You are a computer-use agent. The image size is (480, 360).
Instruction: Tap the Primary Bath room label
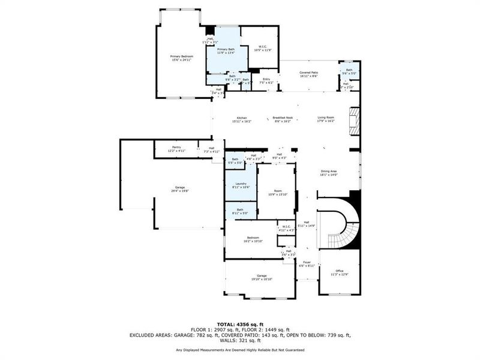(x=226, y=50)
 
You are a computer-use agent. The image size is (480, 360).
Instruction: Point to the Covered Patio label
(x=308, y=74)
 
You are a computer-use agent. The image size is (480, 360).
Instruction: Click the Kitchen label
(x=242, y=119)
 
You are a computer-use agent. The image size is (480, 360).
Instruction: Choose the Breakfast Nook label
(x=282, y=119)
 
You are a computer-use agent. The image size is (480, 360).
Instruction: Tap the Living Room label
(x=326, y=119)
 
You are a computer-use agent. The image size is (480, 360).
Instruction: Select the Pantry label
(x=176, y=148)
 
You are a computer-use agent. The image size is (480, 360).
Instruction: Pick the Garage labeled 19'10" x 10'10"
(x=262, y=277)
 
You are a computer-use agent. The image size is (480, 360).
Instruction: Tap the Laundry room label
(x=241, y=185)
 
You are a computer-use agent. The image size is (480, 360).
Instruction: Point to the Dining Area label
(x=328, y=173)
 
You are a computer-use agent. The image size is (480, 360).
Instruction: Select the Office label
(x=340, y=272)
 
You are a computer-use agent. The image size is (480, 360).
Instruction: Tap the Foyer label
(x=307, y=263)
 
